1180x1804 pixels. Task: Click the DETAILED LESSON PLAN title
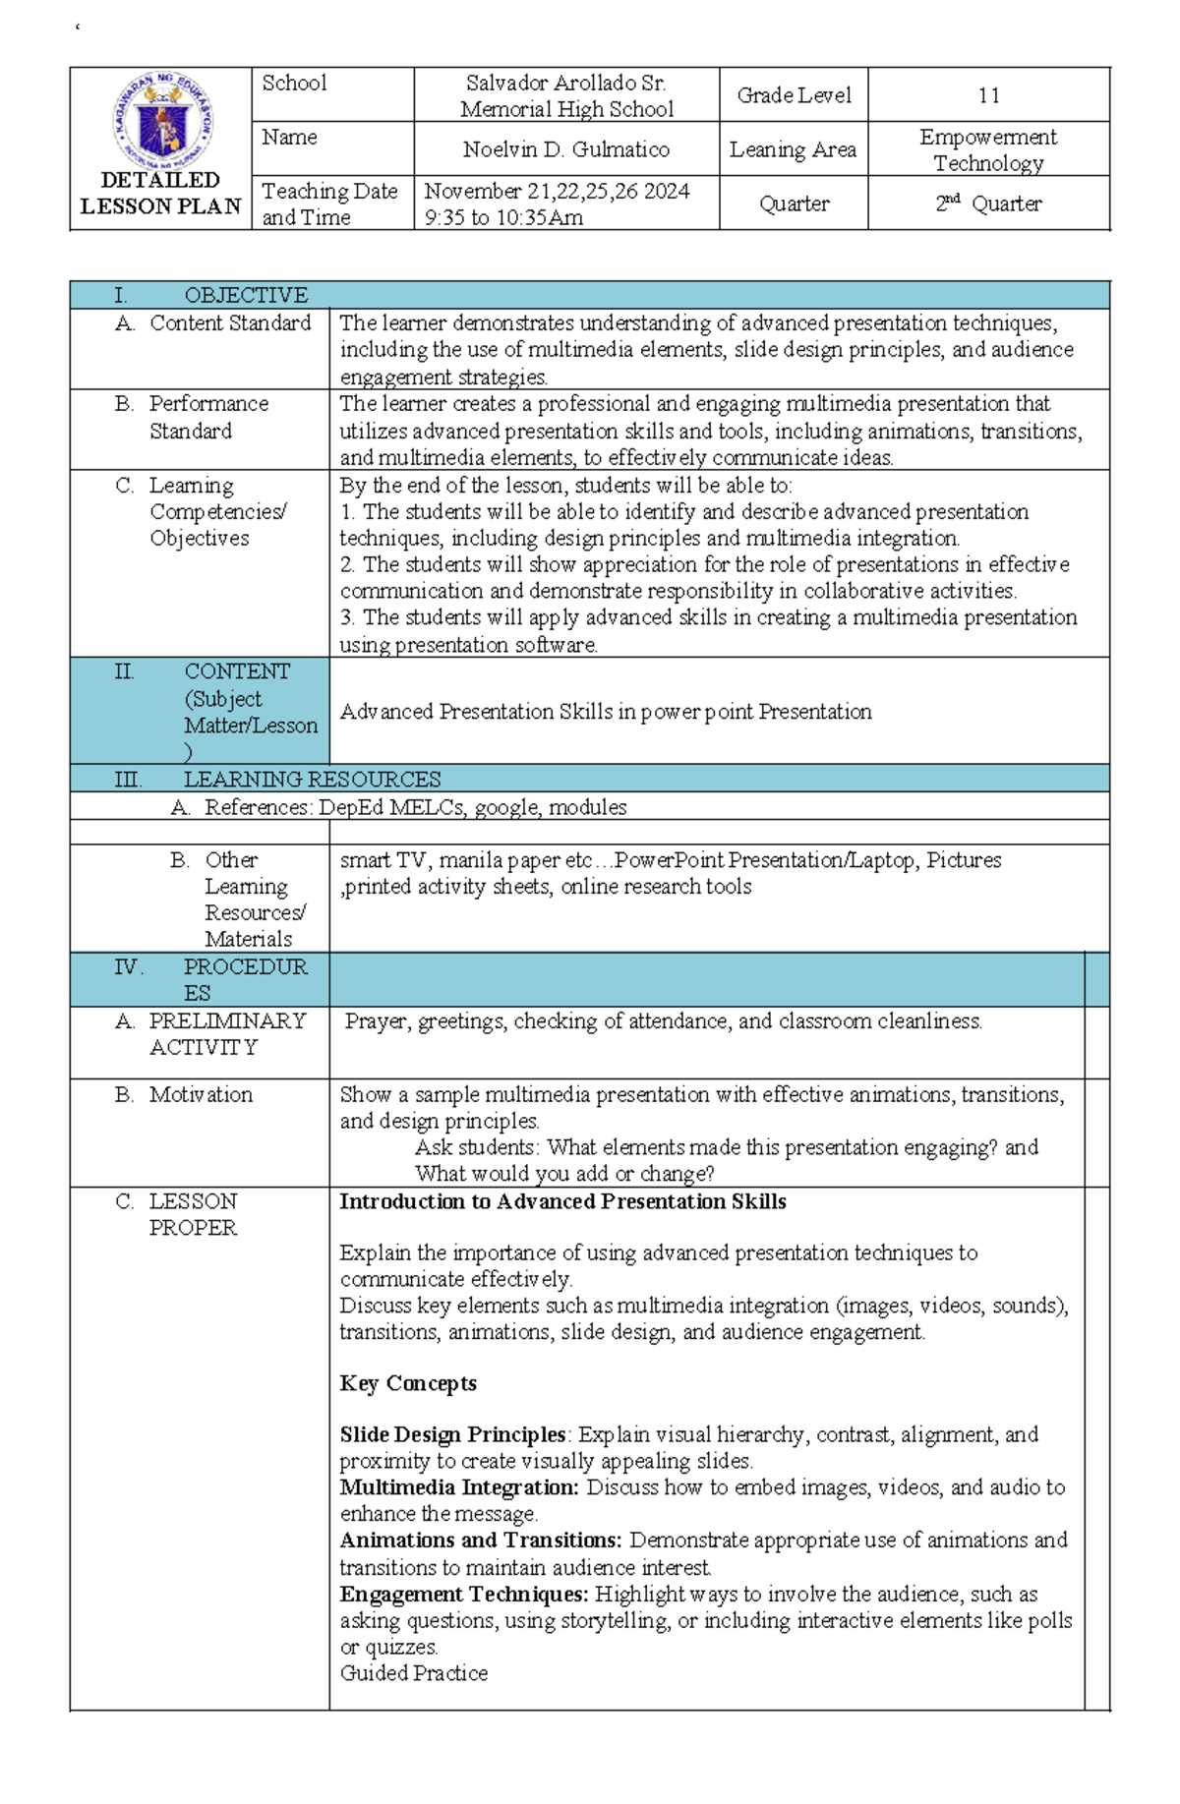pos(160,194)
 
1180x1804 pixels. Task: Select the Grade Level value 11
pos(988,95)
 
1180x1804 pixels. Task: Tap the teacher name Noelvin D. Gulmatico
pos(566,149)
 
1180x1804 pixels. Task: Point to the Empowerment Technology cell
pos(988,149)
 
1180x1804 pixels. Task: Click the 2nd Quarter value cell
pos(988,204)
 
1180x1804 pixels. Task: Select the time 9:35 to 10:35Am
pos(503,217)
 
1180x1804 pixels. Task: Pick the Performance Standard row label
pos(207,417)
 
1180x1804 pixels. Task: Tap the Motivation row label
pos(201,1094)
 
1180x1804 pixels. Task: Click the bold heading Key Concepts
pos(408,1383)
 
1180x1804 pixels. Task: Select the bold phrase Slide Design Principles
pos(452,1434)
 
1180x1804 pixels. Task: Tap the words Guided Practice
pos(414,1673)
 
